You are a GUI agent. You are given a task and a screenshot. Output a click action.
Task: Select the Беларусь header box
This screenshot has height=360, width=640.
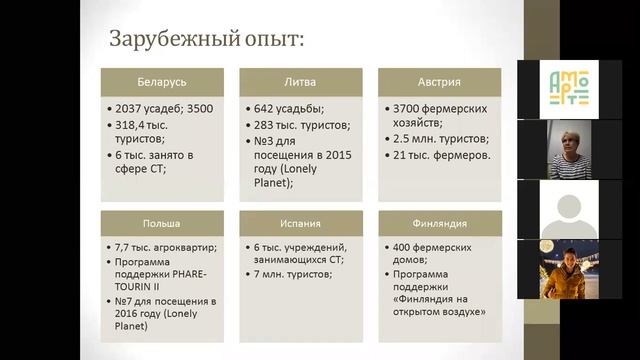162,81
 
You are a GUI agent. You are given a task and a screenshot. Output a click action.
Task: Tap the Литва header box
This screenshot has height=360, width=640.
301,81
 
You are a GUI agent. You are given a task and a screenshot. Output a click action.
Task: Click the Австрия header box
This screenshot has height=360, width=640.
439,81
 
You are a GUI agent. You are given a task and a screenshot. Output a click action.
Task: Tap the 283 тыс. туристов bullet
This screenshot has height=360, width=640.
298,125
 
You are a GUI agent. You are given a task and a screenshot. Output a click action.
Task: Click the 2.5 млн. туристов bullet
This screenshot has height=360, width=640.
440,139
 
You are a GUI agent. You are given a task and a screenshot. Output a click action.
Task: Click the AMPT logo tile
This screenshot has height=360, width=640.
556,88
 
